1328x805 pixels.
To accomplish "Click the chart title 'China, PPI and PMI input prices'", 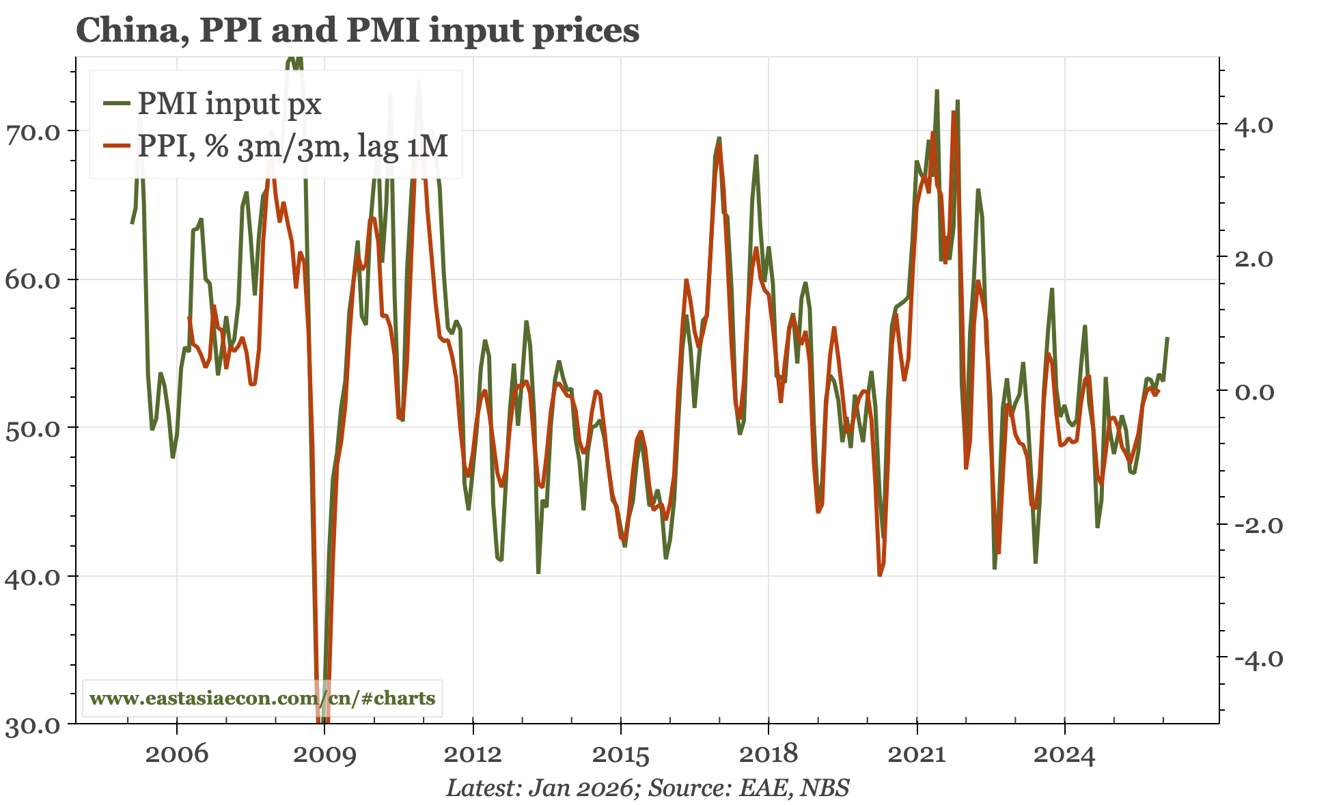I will (357, 30).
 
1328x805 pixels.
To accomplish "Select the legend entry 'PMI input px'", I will (229, 104).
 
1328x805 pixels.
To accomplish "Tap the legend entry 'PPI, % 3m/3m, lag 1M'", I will (292, 146).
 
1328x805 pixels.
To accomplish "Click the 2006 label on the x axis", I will (177, 754).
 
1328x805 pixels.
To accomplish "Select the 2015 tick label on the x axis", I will (620, 754).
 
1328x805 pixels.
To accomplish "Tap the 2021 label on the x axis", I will (916, 754).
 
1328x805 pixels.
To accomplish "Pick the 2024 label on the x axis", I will (1064, 754).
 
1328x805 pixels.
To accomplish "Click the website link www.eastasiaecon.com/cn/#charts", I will (262, 698).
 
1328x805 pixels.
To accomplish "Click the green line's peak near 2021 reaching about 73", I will (937, 90).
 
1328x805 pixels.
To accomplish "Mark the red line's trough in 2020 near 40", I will (880, 575).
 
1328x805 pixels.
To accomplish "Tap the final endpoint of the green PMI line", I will (1167, 338).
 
